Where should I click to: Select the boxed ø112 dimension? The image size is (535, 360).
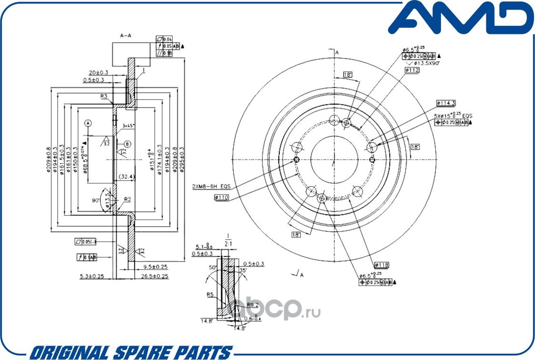(x=412, y=70)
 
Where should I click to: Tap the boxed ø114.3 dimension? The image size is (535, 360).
(x=446, y=103)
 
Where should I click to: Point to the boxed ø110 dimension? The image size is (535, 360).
(x=222, y=197)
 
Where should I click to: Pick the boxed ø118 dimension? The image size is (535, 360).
(x=382, y=264)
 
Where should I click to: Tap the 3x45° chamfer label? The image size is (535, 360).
(x=128, y=126)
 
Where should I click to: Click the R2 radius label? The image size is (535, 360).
(x=127, y=199)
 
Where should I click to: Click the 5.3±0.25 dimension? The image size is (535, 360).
(x=92, y=276)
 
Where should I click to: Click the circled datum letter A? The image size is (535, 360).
(x=87, y=123)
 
